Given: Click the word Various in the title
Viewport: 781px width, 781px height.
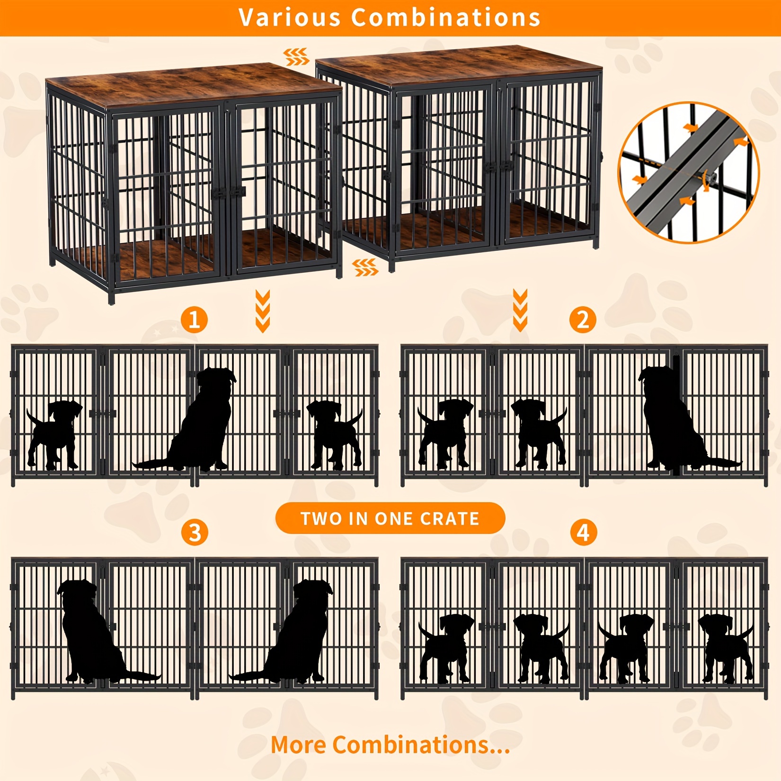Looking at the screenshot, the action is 290,18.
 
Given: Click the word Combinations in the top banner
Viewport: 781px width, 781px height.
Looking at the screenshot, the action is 446,18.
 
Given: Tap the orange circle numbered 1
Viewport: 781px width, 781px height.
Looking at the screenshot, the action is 195,319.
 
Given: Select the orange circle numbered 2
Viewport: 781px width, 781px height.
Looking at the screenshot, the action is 583,319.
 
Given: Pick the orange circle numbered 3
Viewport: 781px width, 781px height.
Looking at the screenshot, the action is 195,532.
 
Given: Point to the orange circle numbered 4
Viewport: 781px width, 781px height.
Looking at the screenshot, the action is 583,532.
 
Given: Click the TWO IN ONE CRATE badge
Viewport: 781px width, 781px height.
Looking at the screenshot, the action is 390,518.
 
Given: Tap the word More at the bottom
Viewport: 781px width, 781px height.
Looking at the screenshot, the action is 299,745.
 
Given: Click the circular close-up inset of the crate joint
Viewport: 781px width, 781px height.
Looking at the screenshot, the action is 689,172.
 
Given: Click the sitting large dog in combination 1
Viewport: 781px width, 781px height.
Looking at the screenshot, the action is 199,421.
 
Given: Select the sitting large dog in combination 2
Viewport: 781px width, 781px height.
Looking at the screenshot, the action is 677,419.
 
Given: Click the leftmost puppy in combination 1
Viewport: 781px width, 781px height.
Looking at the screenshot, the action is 53,435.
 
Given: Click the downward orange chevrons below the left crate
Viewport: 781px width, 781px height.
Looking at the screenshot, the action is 263,311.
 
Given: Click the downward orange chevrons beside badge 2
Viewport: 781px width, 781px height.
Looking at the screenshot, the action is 520,310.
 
